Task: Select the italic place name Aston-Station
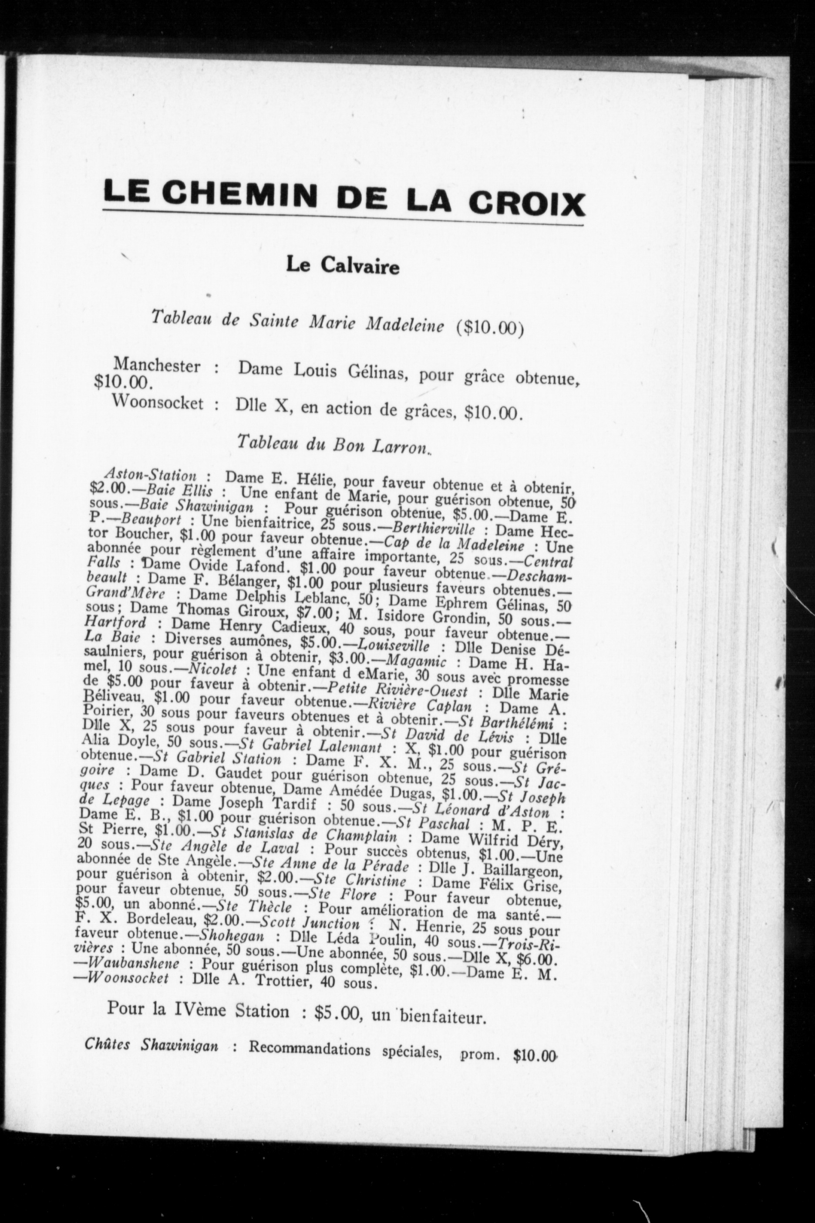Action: tap(150, 474)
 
